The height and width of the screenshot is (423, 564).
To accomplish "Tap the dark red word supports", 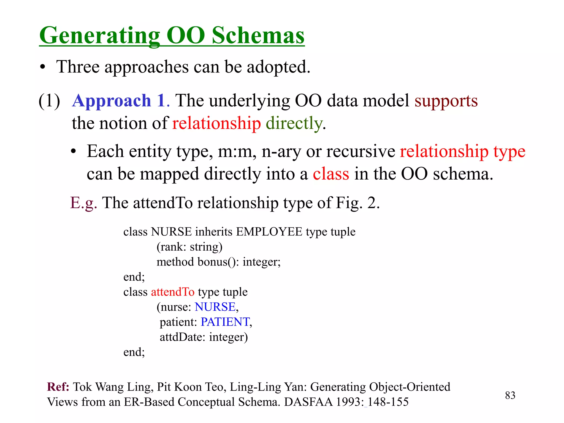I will (x=446, y=101).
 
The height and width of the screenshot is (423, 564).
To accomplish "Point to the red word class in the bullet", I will (x=331, y=174).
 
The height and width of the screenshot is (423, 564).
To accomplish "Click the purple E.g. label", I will (x=83, y=203).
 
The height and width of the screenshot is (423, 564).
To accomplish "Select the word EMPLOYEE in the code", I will (x=269, y=232).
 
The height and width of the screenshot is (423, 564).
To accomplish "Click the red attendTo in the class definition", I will (x=173, y=292).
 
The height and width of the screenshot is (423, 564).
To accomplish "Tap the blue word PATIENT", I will (x=225, y=322).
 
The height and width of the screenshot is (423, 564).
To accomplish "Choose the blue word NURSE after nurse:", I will (x=215, y=307).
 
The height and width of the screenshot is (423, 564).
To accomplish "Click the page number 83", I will (x=510, y=395).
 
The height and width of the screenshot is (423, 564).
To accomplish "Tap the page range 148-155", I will (x=388, y=402).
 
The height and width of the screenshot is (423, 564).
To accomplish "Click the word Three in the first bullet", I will (x=78, y=67).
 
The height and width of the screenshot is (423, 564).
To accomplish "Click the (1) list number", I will (x=49, y=101).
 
